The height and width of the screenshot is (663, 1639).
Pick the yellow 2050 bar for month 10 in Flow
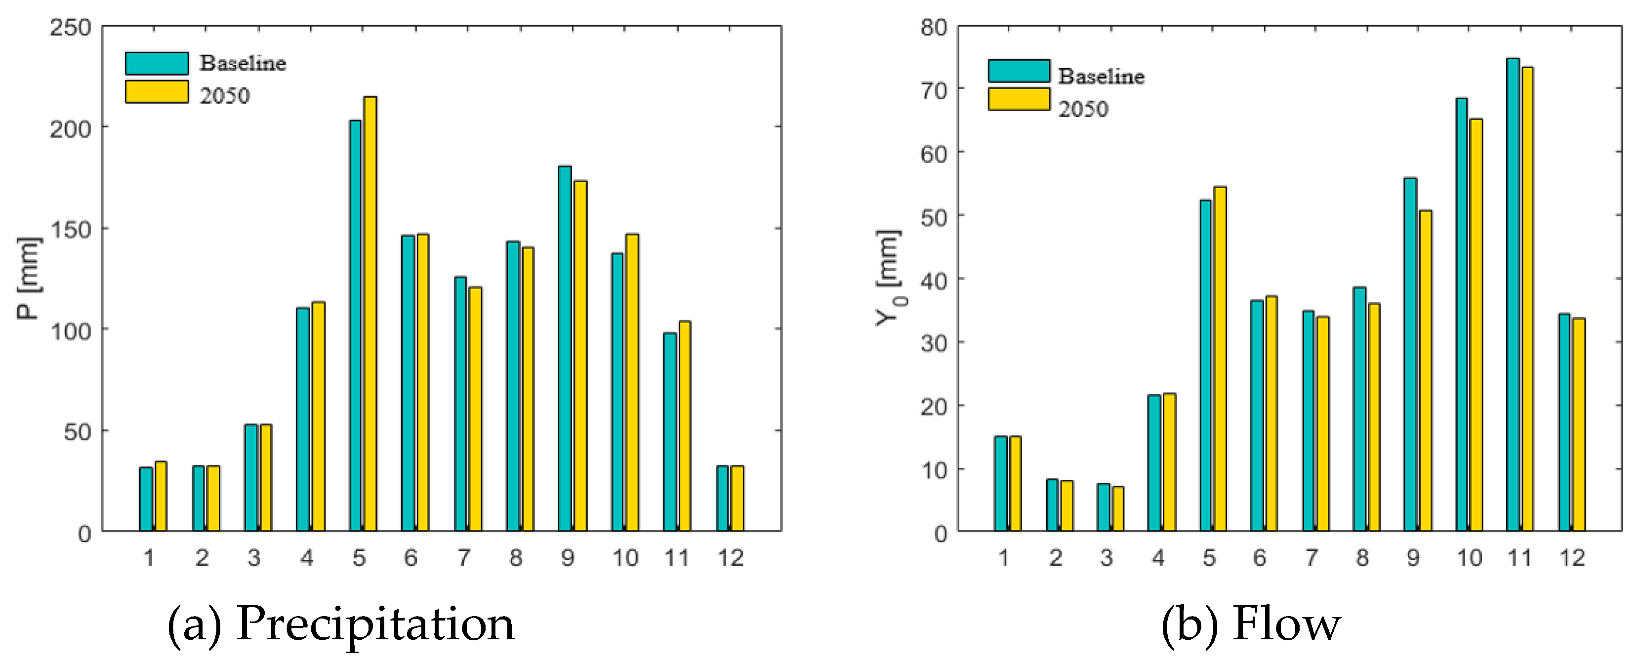(x=1475, y=325)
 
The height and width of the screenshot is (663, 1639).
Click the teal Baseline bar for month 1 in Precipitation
(x=146, y=499)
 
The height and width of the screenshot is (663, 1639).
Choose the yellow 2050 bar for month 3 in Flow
(x=1118, y=508)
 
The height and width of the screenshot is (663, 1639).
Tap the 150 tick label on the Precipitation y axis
(x=70, y=230)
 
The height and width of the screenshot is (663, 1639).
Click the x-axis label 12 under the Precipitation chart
(x=731, y=558)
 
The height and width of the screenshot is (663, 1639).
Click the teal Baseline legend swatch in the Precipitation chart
(x=157, y=63)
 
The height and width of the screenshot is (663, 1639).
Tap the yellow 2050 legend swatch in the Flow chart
(x=1019, y=99)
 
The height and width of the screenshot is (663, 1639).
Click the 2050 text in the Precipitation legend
(x=225, y=96)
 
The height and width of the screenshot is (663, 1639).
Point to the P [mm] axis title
(x=28, y=278)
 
